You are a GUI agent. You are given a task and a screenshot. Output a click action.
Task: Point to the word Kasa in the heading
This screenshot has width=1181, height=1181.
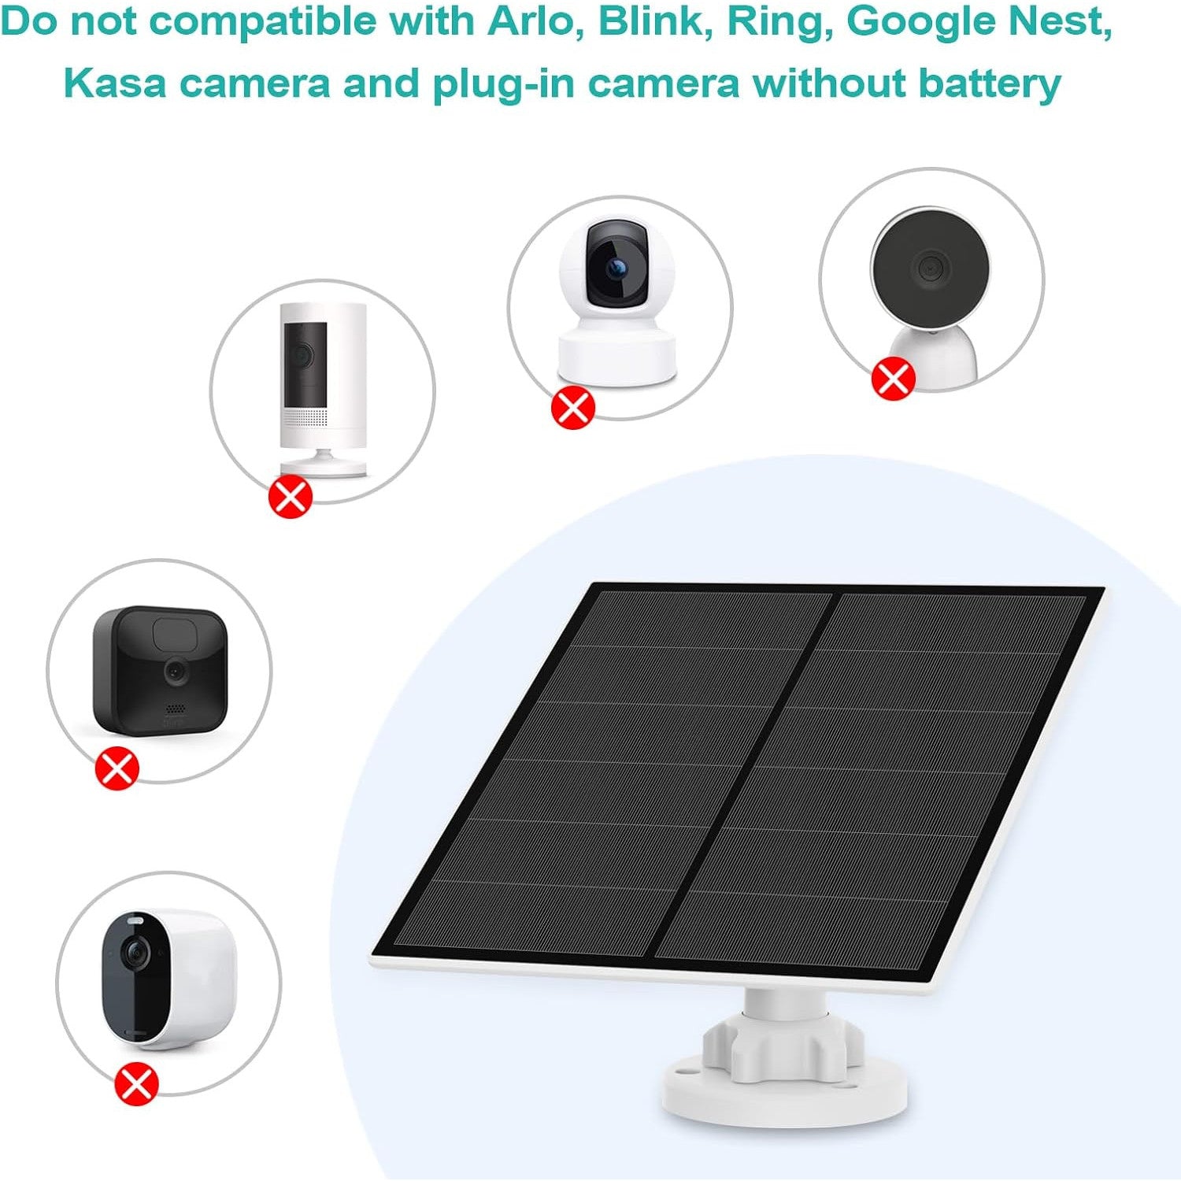pos(114,83)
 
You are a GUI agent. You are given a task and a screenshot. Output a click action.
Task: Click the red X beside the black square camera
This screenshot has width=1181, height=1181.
pos(117,768)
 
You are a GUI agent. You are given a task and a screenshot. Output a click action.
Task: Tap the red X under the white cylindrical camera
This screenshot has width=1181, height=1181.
pos(291,496)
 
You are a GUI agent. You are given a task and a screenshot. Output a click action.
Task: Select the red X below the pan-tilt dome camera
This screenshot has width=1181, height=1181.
pos(572,407)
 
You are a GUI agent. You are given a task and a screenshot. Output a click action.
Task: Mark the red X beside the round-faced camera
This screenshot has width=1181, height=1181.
pos(893,378)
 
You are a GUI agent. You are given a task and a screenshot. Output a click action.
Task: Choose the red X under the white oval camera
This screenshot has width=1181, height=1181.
pos(136,1084)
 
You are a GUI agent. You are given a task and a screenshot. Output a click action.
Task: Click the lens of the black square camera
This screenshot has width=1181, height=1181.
pos(175,671)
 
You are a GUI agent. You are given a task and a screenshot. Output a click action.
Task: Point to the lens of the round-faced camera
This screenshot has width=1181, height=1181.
pos(929,268)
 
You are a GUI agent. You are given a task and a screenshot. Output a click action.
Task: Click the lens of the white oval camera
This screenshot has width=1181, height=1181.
pos(135,954)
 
